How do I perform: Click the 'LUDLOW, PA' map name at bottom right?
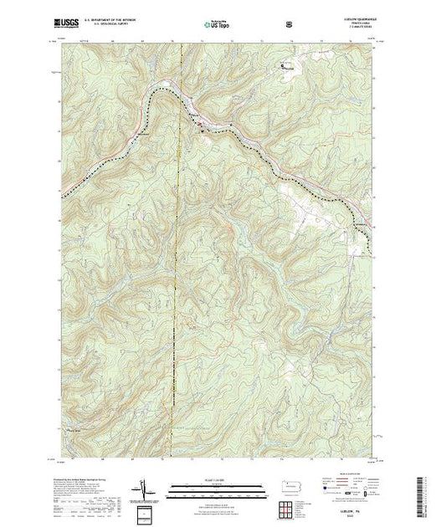353,495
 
